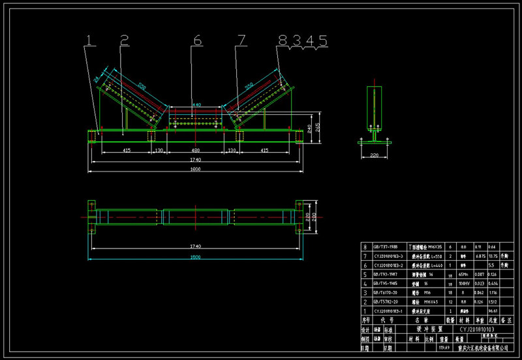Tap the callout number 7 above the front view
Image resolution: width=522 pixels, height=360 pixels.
[242, 40]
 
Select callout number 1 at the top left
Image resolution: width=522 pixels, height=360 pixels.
[91, 40]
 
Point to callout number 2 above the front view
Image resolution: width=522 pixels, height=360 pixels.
[124, 40]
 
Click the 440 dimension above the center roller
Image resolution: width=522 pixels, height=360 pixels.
[196, 104]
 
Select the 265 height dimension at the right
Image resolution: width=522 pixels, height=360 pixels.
[316, 127]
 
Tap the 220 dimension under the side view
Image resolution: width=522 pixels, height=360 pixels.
[374, 155]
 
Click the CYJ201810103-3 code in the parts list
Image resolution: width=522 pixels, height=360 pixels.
[386, 257]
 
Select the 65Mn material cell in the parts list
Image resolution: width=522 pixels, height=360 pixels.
[463, 275]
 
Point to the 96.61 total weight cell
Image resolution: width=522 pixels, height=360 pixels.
[494, 312]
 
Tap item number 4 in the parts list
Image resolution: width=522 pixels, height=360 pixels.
[365, 284]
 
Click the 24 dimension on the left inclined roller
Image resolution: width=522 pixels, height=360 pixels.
[96, 79]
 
